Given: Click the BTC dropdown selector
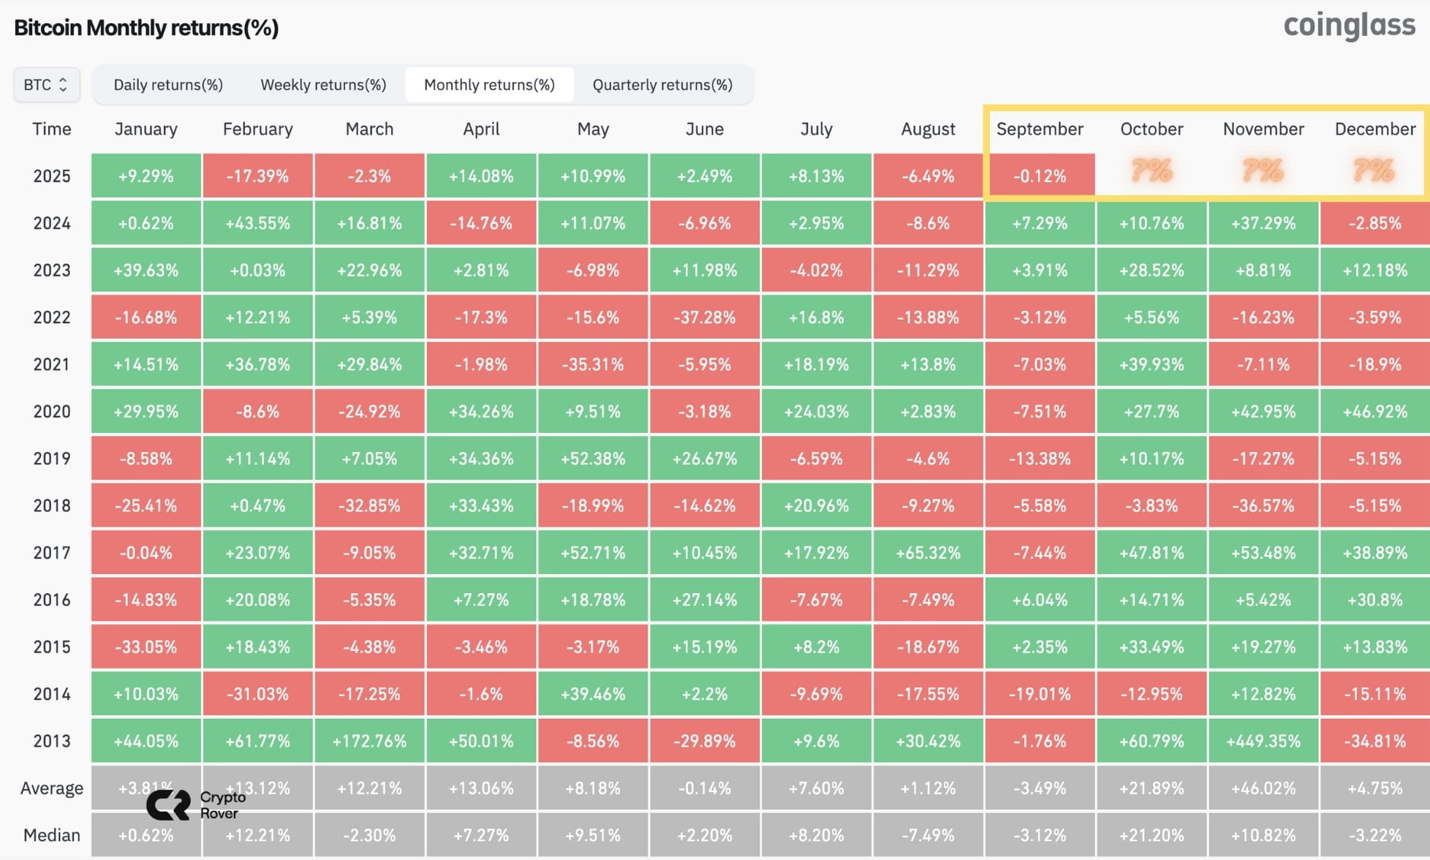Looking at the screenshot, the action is pos(47,85).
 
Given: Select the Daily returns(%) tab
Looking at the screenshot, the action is pos(168,85).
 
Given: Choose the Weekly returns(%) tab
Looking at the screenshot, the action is pos(323,85).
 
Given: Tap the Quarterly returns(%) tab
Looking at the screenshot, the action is pos(662,85).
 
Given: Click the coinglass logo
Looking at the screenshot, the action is pos(1350,26).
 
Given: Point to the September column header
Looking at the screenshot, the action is pos(1040,129).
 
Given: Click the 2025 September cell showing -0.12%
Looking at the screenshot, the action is pos(1040,176).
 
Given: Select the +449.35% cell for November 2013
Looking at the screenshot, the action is pos(1263,741).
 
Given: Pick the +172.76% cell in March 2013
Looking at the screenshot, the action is pos(369,741).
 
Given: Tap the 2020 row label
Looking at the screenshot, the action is pos(52,412).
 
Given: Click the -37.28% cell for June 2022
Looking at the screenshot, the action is pos(705,317).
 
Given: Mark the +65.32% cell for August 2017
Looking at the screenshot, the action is pos(928,553).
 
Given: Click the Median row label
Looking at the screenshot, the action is pos(52,835).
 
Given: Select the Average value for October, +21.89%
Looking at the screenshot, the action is pos(1151,788).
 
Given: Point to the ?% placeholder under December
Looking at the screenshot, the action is pos(1374,170).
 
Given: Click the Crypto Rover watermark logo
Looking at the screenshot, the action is pos(196,805).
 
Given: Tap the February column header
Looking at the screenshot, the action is pos(257,129).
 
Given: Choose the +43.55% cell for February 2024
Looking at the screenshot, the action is pos(257,223).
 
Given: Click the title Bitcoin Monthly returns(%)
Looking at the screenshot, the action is pos(146,28).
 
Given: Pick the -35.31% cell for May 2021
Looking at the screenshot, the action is pos(593,364).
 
